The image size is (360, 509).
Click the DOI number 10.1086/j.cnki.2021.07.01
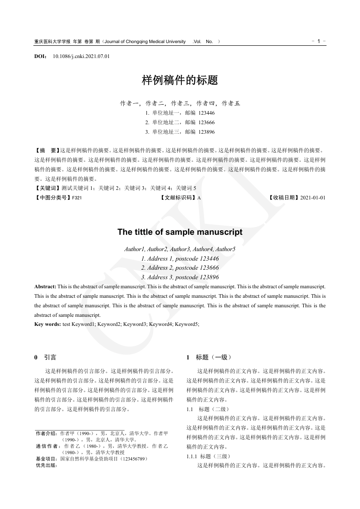[x=81, y=57]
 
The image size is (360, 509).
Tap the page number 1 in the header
[x=319, y=41]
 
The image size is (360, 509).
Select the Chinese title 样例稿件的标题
[x=180, y=81]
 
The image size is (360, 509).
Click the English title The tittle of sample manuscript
[x=180, y=232]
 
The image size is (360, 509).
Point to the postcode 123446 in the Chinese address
[x=207, y=113]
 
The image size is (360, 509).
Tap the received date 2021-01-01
[x=313, y=198]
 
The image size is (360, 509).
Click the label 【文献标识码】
[x=178, y=198]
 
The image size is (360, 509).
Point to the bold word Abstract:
[x=45, y=287]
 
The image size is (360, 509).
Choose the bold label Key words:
[x=48, y=324]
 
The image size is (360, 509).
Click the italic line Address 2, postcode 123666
[x=180, y=268]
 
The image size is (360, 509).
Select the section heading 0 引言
[x=45, y=358]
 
